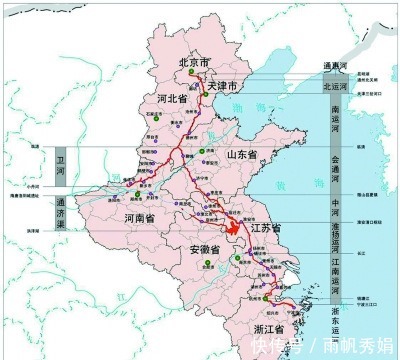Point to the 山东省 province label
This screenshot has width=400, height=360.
coord(241,155)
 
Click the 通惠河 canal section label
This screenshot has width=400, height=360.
coord(334,66)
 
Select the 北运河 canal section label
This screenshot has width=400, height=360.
coord(334,86)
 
